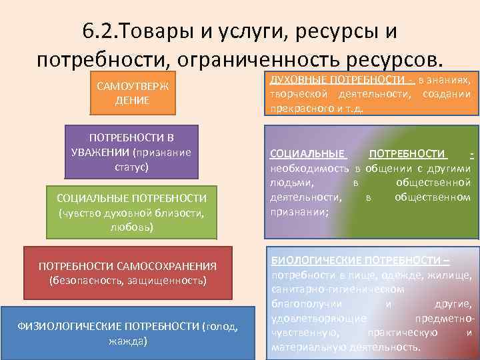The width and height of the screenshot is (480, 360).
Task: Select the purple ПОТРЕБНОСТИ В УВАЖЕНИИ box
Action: tap(131, 151)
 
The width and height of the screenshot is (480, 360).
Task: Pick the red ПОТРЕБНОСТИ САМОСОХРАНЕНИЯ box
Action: tap(127, 273)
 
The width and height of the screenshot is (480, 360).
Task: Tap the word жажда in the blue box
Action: tap(127, 341)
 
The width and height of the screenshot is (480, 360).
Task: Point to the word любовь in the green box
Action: tap(131, 227)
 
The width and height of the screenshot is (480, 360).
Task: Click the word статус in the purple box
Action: tap(131, 166)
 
